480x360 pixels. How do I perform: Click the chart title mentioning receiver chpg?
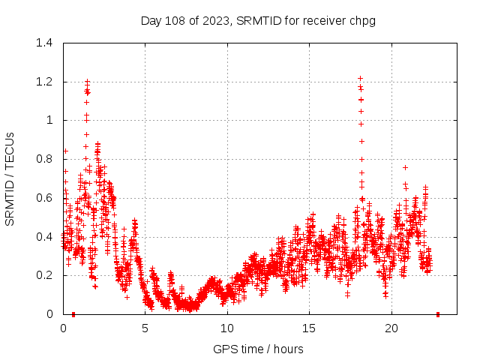(258, 20)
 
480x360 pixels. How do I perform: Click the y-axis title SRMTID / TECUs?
(10, 178)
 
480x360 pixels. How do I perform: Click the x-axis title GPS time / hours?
(258, 349)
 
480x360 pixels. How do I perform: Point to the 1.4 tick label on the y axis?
(44, 43)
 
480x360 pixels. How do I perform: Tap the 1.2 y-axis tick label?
(44, 82)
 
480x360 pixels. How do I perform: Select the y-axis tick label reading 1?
(49, 120)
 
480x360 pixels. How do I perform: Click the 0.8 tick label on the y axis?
(44, 159)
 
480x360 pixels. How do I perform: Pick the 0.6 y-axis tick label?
(44, 198)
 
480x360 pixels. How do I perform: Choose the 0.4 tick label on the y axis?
(44, 236)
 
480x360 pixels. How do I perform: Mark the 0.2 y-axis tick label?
(44, 275)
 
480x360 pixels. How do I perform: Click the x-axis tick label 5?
(145, 328)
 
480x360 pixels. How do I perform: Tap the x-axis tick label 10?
(227, 328)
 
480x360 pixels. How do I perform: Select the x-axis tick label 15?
(309, 328)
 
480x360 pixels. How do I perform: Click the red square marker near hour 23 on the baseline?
(438, 314)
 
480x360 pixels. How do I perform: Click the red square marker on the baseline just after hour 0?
(73, 314)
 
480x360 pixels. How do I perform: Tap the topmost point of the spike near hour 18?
(360, 78)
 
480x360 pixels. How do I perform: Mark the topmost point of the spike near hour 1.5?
(87, 81)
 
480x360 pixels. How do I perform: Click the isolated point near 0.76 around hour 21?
(405, 167)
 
